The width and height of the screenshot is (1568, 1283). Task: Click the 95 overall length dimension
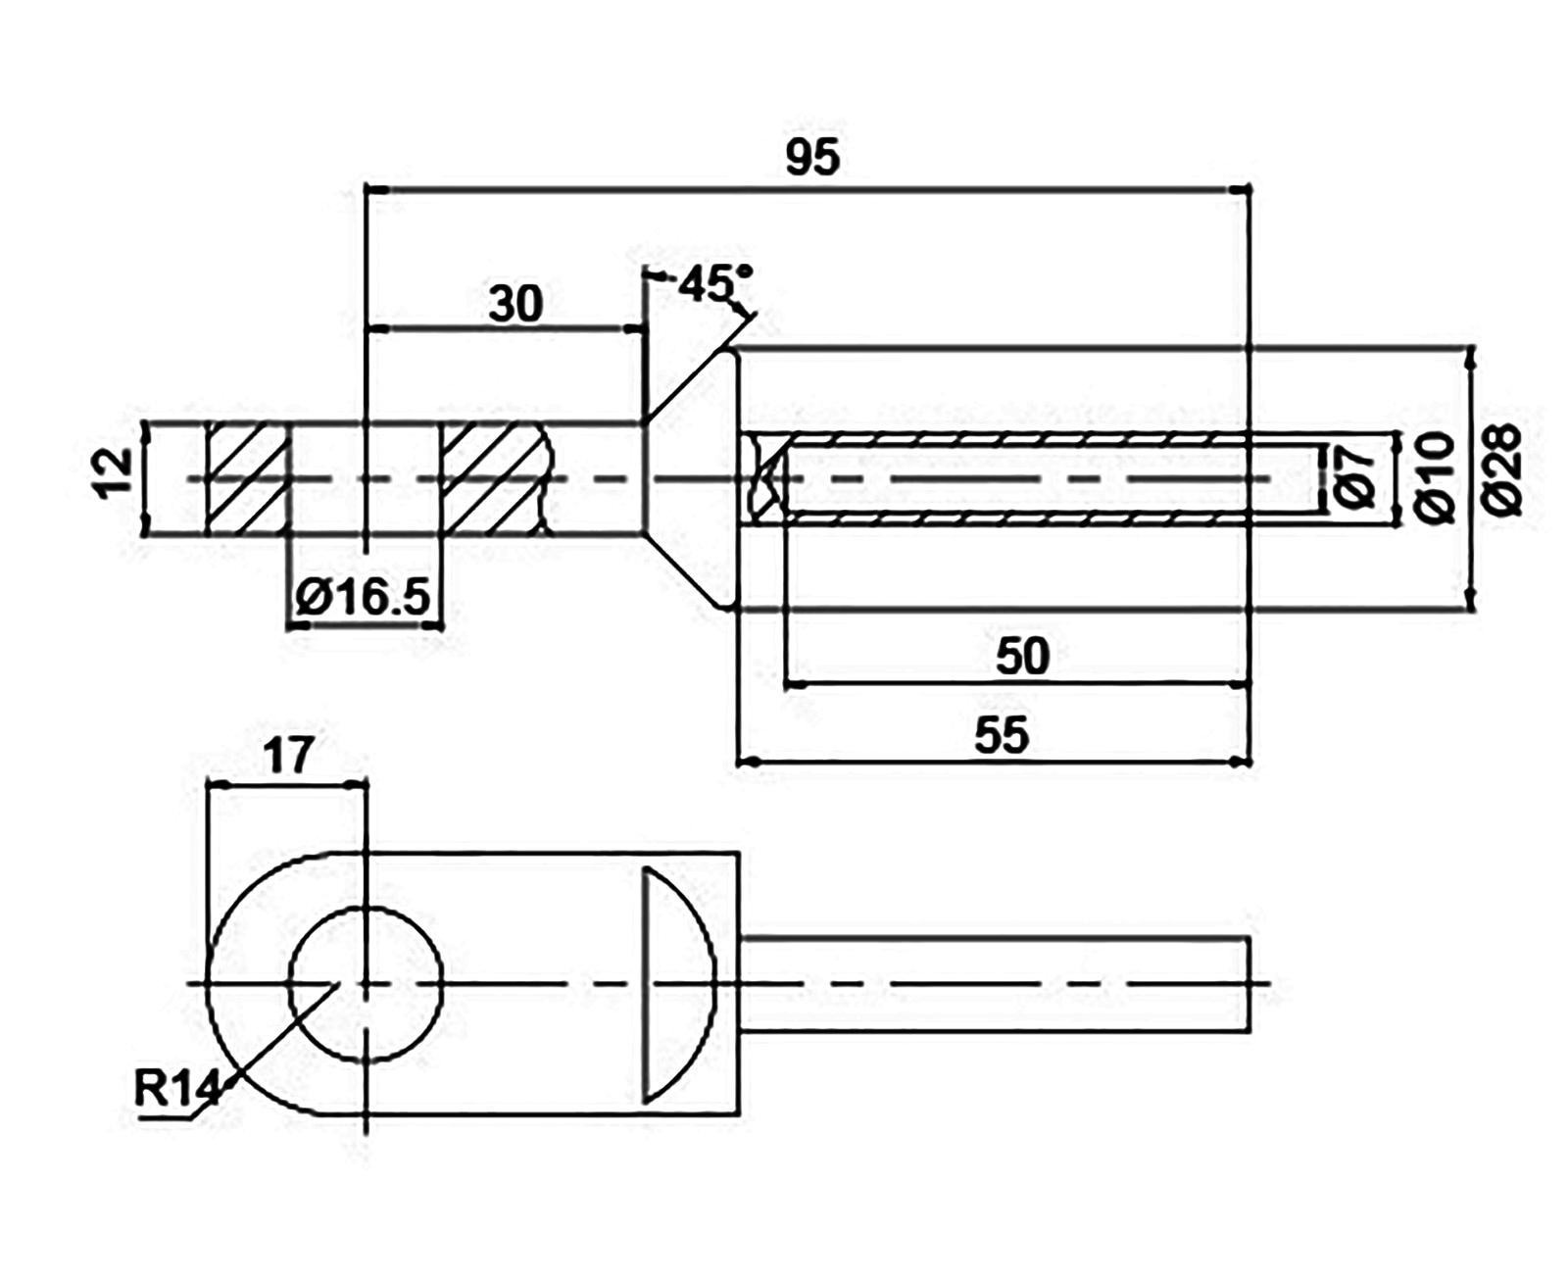[812, 157]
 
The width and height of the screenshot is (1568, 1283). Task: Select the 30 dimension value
[516, 304]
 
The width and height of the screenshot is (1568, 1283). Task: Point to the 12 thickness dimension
[113, 473]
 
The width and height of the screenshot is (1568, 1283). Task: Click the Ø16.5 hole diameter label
[363, 597]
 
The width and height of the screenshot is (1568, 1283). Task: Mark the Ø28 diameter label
[1501, 469]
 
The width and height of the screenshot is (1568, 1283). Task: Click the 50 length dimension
[1022, 656]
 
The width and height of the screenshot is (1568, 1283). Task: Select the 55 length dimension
[1001, 735]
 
